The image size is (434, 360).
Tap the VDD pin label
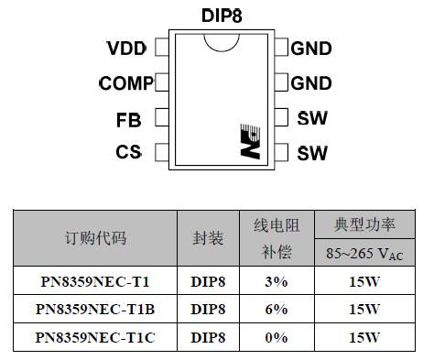click(x=126, y=49)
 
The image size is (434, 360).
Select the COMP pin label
click(x=126, y=83)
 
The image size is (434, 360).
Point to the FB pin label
click(x=129, y=119)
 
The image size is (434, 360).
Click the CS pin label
click(x=128, y=152)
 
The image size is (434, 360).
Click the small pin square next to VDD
click(x=161, y=48)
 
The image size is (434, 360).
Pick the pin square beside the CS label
click(x=161, y=152)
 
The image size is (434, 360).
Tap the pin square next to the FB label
click(x=161, y=118)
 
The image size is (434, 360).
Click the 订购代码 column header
click(x=95, y=238)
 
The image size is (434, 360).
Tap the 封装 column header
click(x=209, y=238)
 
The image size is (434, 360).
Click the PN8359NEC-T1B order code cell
click(x=96, y=309)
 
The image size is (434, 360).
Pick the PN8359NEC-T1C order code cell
click(x=96, y=337)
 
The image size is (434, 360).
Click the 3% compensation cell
click(x=277, y=280)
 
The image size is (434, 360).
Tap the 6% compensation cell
click(x=277, y=309)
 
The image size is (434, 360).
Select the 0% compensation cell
click(x=277, y=337)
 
